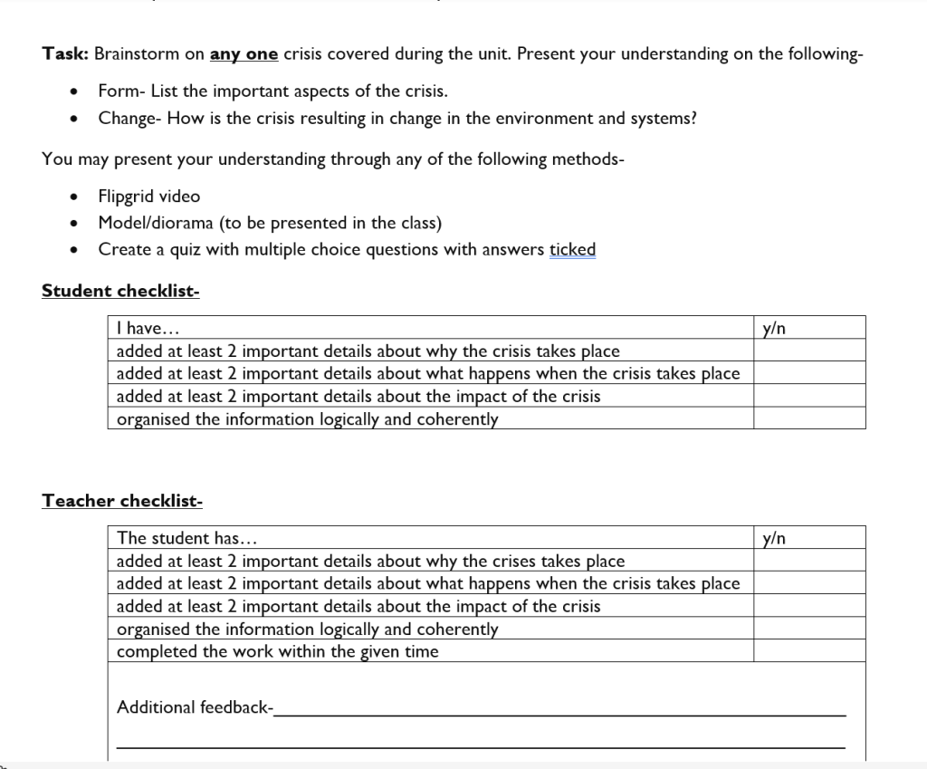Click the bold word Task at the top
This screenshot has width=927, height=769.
64,54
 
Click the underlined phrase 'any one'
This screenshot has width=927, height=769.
244,54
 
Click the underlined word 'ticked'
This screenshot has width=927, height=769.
572,249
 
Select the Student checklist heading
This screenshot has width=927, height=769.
120,291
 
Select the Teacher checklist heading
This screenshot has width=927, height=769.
122,501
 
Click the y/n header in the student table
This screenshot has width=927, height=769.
774,328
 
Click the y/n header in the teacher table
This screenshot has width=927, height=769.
774,538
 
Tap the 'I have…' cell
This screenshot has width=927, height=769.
141,328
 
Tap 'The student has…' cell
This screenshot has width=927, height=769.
187,538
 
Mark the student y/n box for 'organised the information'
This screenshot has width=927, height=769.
809,418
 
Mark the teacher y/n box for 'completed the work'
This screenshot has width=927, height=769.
809,651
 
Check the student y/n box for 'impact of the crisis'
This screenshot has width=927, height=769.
809,396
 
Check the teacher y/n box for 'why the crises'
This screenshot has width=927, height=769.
809,561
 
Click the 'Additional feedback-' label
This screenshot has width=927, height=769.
195,707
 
